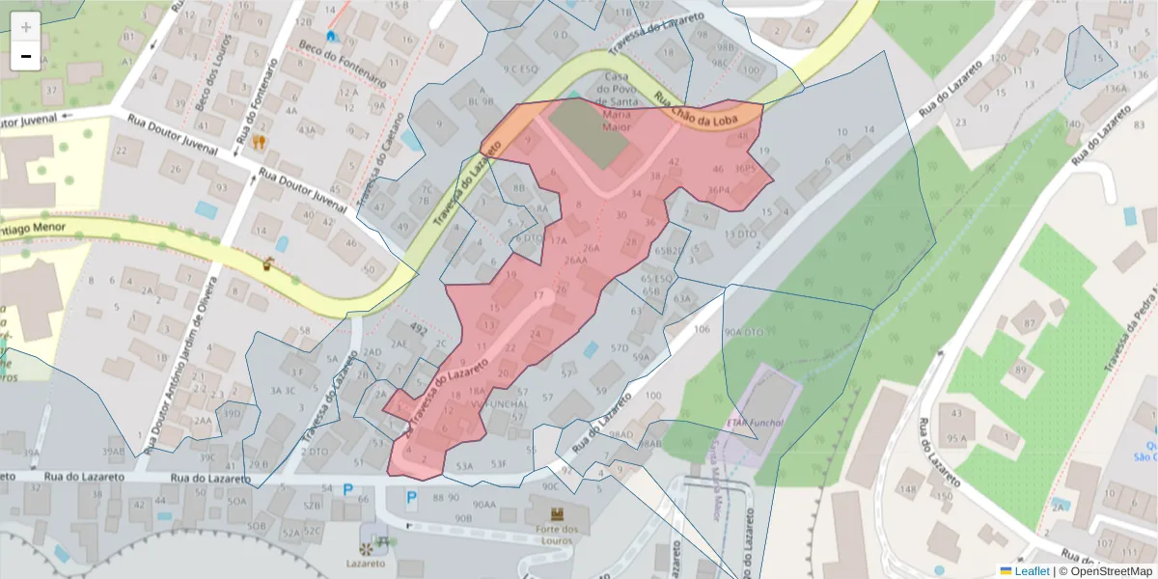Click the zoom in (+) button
coord(26,26)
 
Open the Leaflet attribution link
coord(1032,571)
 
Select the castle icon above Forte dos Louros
coord(557,514)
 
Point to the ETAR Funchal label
coord(753,423)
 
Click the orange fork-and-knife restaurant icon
coord(259,142)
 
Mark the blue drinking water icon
coord(332,36)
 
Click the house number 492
coord(418,328)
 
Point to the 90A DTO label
coord(744,332)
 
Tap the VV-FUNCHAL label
coord(504,402)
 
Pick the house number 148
coord(908,489)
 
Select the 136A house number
coord(1116,89)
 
